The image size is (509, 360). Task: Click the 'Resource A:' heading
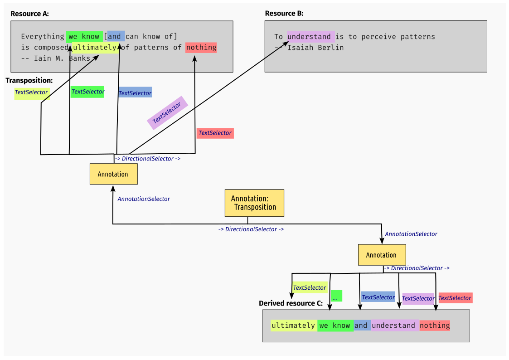tap(29, 14)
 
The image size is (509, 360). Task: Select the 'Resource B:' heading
tap(284, 14)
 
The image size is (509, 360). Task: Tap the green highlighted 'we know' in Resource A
tap(84, 36)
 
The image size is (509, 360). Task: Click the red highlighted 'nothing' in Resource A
tap(201, 48)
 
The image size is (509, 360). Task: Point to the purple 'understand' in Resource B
tap(310, 37)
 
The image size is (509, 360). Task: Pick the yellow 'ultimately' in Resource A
tap(95, 48)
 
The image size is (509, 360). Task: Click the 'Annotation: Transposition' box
tap(254, 203)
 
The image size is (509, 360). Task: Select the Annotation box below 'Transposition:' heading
tap(113, 174)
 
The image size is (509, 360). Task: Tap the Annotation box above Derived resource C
tap(381, 255)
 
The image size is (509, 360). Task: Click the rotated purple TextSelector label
tap(167, 113)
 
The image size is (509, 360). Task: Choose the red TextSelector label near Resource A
tap(215, 133)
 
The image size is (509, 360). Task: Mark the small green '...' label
tap(336, 296)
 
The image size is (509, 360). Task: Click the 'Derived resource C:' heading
tap(291, 303)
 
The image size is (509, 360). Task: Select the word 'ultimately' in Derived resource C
tap(293, 326)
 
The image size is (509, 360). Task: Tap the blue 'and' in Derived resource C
tap(361, 326)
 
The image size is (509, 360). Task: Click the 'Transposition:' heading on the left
tap(29, 80)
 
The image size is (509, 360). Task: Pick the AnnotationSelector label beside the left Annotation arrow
tap(144, 199)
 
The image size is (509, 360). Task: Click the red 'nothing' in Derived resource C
tap(435, 326)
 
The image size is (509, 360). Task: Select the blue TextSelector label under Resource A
tap(135, 93)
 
